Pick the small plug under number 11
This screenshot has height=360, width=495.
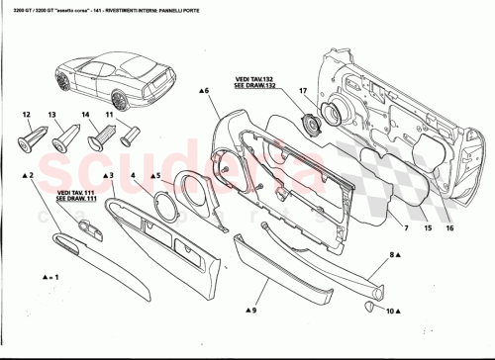point(119,137)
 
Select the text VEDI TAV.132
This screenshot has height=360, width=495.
point(254,78)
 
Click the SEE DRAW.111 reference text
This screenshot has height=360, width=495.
point(74,198)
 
